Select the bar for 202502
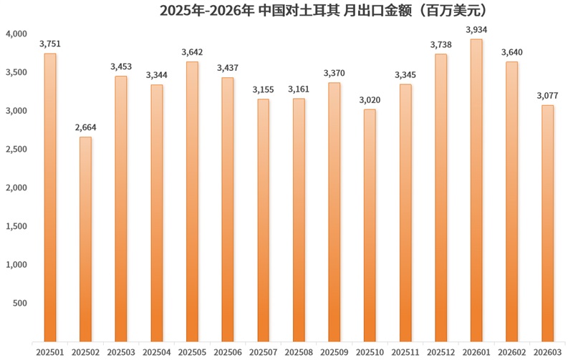85,238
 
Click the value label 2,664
85,127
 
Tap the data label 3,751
50,44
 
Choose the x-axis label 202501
50,351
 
